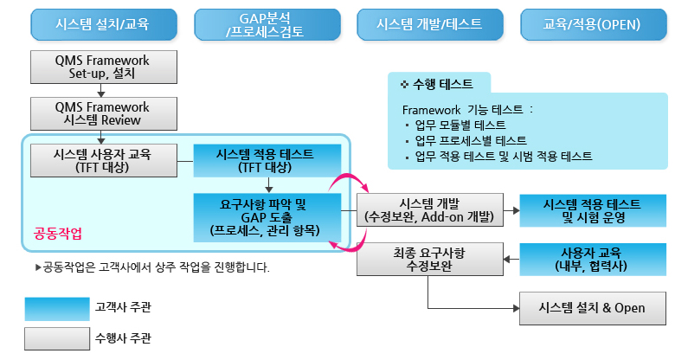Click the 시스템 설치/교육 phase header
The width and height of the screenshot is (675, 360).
104,24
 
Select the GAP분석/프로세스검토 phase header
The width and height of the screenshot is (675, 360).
267,24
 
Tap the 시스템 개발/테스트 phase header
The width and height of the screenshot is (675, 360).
430,24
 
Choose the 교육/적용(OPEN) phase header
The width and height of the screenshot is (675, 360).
594,24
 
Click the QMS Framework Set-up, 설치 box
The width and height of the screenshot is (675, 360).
104,67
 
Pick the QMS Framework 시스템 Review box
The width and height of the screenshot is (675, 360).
104,113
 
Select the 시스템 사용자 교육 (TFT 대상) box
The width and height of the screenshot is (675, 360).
104,161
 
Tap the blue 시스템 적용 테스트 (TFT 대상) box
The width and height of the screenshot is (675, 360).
267,161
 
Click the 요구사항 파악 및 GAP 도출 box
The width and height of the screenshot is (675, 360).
267,217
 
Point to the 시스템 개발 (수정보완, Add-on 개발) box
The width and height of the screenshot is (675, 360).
430,210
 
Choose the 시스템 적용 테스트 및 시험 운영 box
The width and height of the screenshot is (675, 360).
593,210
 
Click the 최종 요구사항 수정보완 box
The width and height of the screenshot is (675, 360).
430,260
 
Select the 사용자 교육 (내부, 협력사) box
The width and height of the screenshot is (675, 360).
593,260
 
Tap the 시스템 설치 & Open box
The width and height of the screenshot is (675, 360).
593,308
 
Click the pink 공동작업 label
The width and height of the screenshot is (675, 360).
58,234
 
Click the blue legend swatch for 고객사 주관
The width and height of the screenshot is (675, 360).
57,309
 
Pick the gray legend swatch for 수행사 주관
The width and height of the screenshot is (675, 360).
57,339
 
